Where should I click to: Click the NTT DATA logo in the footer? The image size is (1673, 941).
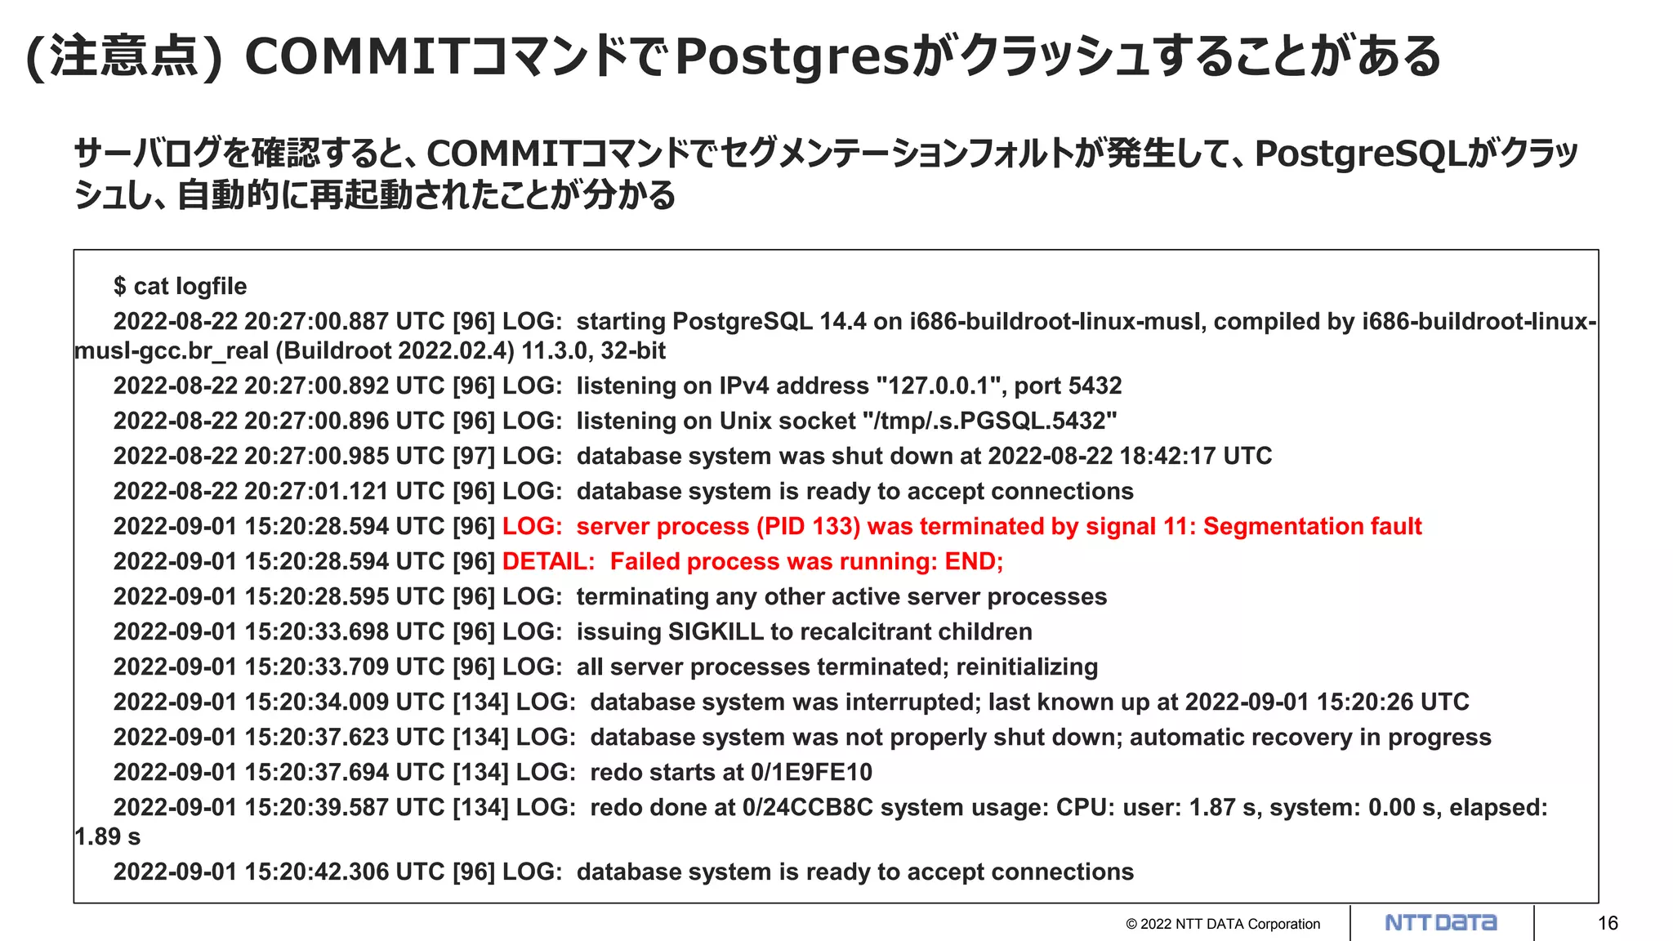coord(1441,923)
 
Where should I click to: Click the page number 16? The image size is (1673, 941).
coord(1608,923)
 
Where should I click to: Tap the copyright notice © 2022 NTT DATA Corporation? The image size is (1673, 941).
coord(1222,924)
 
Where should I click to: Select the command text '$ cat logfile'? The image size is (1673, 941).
coord(180,287)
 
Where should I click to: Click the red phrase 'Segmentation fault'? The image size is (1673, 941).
coord(1312,527)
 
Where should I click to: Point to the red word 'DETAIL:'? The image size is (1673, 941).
coord(548,562)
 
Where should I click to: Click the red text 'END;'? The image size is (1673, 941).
coord(974,562)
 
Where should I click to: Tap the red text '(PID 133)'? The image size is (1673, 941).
coord(808,527)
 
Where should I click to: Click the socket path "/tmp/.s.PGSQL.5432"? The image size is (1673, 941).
coord(989,421)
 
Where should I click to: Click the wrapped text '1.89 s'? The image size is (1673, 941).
coord(107,837)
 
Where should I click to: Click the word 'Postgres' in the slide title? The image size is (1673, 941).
coord(792,57)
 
